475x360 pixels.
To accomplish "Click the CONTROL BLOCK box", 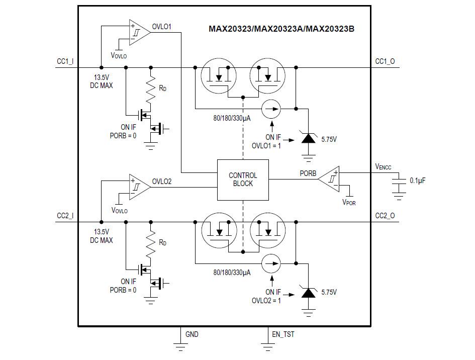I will (243, 179).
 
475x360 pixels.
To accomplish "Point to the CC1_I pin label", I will (65, 61).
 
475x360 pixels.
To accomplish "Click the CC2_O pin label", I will (385, 216).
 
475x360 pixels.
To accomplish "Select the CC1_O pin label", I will (385, 61).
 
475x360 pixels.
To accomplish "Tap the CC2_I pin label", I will (65, 216).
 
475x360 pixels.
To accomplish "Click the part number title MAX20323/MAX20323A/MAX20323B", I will (281, 29).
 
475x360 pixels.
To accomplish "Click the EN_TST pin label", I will (283, 334).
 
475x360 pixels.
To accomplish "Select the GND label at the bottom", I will (192, 334).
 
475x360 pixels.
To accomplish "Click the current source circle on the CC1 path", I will (271, 108).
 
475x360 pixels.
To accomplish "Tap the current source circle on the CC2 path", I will (271, 262).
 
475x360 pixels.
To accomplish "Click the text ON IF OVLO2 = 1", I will (266, 296).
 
